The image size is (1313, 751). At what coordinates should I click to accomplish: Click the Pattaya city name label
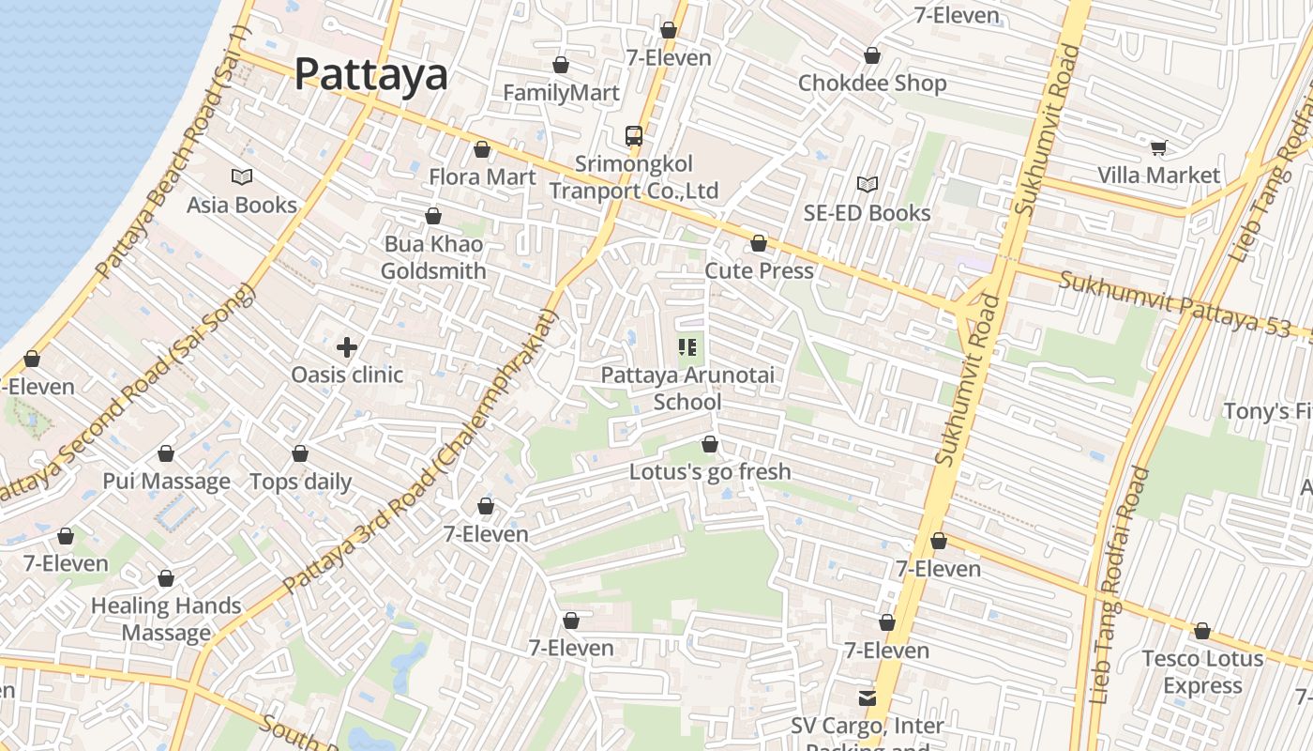click(371, 74)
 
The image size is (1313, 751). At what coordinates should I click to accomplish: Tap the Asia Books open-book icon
click(242, 176)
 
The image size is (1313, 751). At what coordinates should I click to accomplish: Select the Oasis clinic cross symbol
click(347, 347)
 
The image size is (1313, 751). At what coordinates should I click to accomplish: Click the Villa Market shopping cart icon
click(1158, 147)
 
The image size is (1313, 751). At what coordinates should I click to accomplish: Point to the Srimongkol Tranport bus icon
click(634, 136)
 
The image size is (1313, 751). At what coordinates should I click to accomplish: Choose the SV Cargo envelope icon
click(868, 698)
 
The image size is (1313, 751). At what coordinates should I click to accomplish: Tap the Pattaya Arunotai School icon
click(687, 348)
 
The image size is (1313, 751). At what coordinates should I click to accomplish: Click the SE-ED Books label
click(868, 213)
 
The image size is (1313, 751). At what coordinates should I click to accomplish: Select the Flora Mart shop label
click(482, 176)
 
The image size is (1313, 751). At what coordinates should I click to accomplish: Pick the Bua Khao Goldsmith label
click(433, 257)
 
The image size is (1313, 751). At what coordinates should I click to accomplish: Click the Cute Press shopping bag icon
click(759, 244)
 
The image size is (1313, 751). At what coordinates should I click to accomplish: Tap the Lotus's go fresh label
click(710, 471)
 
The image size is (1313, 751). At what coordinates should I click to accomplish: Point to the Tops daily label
click(300, 482)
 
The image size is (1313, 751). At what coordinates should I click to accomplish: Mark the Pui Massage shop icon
click(166, 454)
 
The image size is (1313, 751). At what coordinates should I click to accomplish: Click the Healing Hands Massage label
click(166, 620)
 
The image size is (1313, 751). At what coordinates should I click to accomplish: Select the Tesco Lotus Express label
click(1202, 672)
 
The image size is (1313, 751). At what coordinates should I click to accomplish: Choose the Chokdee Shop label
click(872, 83)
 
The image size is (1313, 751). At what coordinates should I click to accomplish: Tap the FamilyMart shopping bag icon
click(561, 65)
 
